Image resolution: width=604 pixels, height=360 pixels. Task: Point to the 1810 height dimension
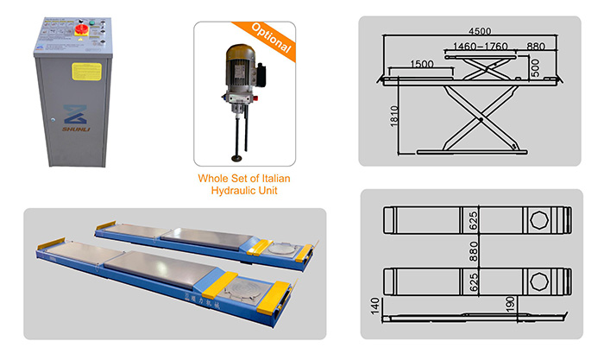[x=393, y=117]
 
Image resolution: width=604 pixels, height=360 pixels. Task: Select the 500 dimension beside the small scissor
[x=536, y=67]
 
